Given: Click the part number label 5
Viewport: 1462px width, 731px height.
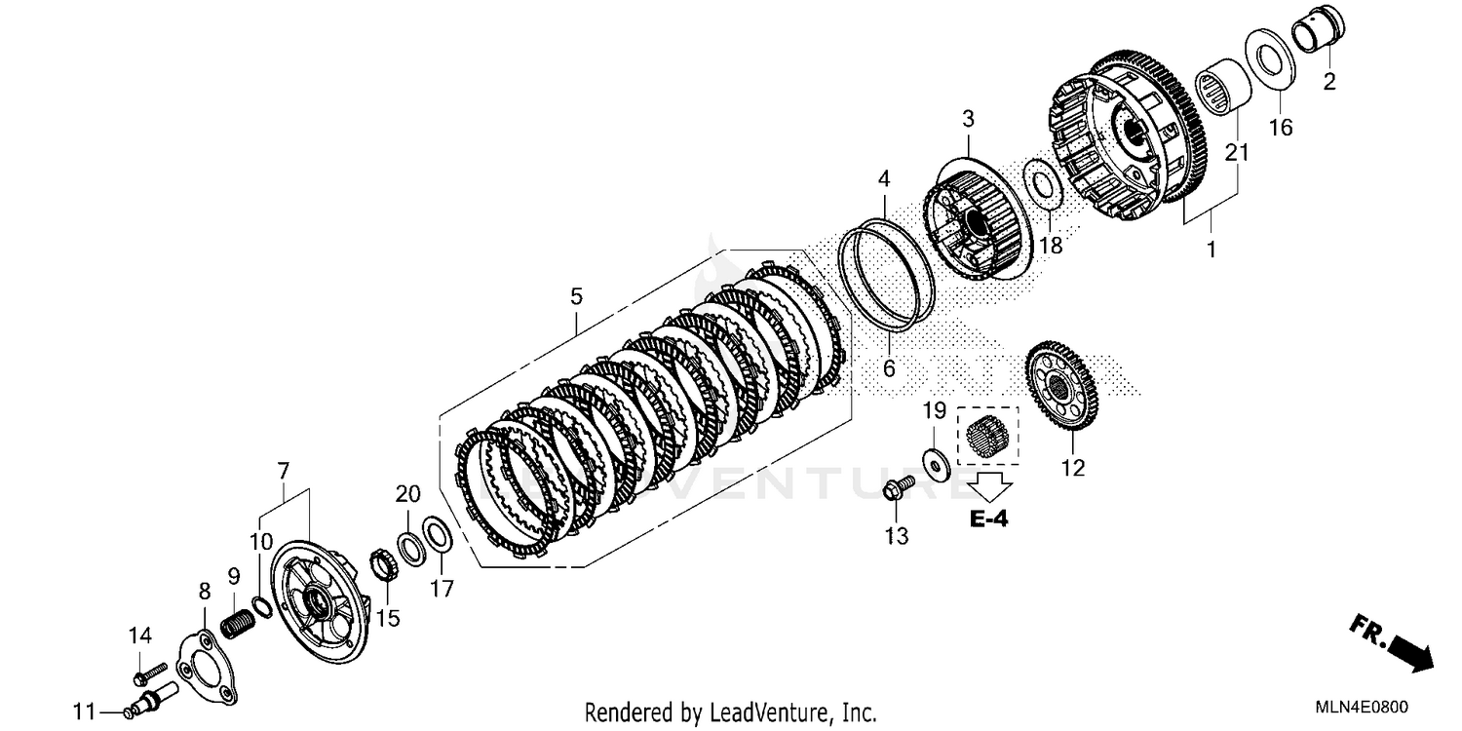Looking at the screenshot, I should pos(576,295).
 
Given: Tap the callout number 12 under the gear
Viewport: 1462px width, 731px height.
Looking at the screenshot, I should pos(1072,469).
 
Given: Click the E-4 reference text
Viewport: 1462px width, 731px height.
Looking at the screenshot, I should pos(988,519).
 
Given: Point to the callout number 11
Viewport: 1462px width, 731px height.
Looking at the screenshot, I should pos(86,711).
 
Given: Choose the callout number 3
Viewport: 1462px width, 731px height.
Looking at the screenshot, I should pos(967,120).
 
